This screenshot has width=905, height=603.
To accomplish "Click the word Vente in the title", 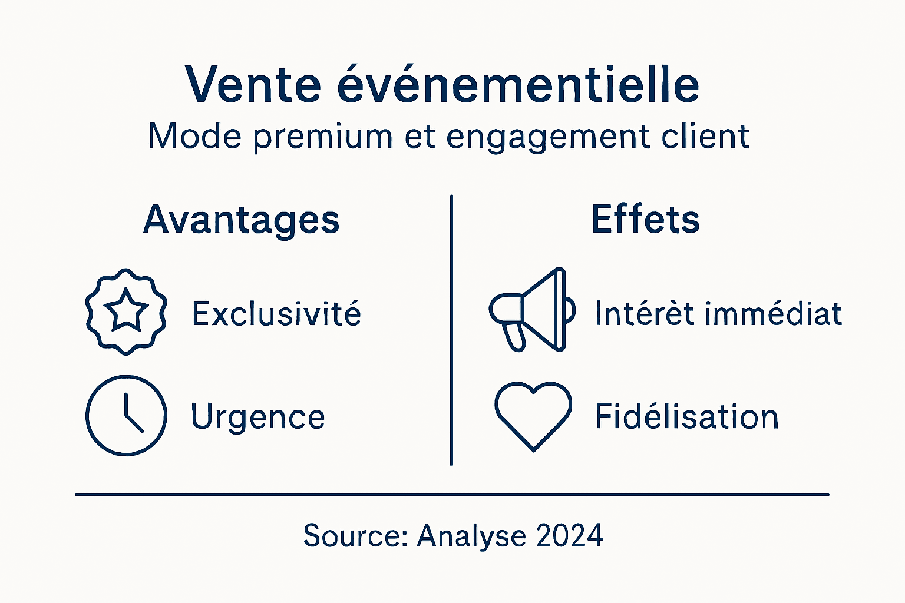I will click(x=253, y=84).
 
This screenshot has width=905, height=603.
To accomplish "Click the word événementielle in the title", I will click(x=518, y=84).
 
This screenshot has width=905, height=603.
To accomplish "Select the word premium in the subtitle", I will click(x=323, y=137).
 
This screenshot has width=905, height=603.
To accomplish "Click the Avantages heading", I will click(x=241, y=220).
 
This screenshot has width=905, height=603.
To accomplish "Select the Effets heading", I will click(x=645, y=219).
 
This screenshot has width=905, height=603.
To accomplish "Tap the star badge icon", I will click(x=126, y=312).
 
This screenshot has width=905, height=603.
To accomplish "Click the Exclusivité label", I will click(x=276, y=313).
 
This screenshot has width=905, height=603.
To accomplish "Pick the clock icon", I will click(x=126, y=415).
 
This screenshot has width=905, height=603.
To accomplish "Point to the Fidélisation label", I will click(x=686, y=416).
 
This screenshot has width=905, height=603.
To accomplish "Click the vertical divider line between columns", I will click(x=451, y=330).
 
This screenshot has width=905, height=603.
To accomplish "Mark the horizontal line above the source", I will click(x=452, y=495).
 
